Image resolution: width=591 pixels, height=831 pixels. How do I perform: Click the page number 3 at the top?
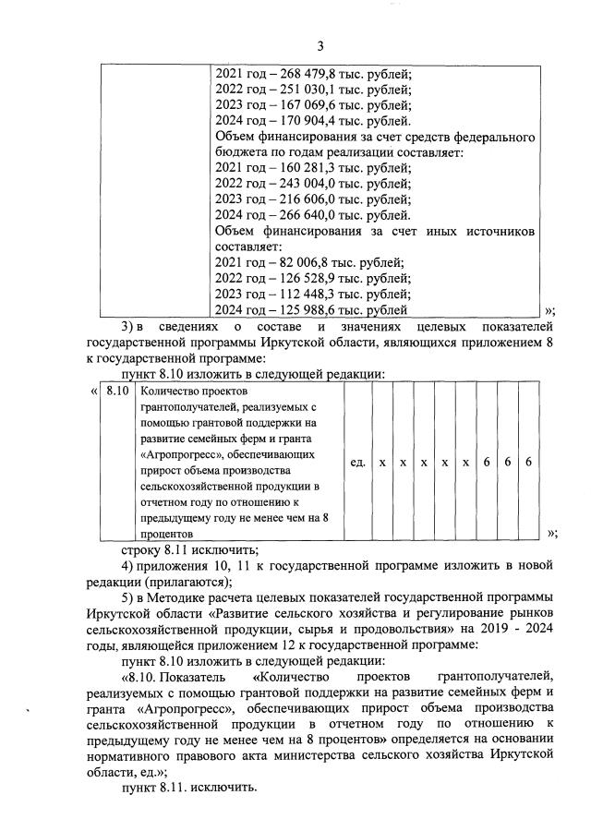(320, 46)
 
